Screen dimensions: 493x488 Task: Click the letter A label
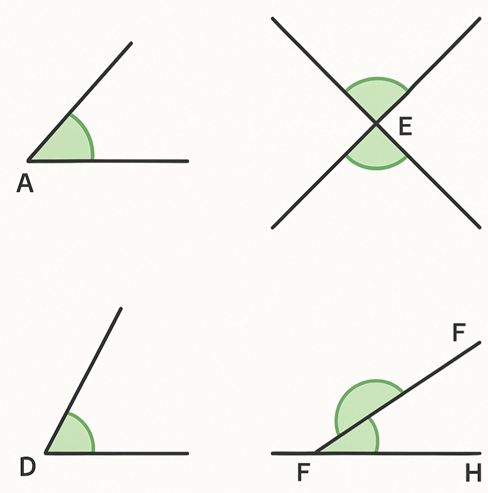[25, 184]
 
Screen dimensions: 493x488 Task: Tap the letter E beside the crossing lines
[405, 127]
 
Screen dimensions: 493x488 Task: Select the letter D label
[28, 467]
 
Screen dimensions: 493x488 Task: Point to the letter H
[473, 472]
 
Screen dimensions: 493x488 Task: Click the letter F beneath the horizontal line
[303, 472]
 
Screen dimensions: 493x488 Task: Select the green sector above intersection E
[376, 97]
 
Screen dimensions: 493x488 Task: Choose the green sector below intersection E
[376, 150]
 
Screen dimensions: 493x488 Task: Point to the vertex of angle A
[29, 160]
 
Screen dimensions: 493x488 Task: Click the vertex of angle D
[46, 453]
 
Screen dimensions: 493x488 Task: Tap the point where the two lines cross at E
[376, 123]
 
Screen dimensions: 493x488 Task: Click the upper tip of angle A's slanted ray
[131, 43]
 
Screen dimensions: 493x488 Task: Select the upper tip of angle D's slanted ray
[120, 308]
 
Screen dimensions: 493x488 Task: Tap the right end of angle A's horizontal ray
[187, 161]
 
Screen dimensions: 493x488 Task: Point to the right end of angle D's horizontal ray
[187, 453]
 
